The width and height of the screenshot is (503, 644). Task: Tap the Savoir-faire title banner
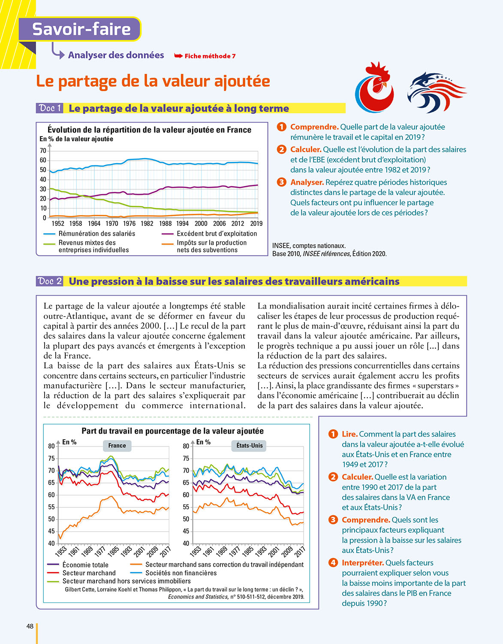(81, 29)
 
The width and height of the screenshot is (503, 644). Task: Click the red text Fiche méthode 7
(210, 56)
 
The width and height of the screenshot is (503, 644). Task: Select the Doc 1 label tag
(50, 108)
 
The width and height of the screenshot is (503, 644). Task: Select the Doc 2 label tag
(50, 281)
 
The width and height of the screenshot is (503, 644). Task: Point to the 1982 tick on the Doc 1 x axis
(147, 223)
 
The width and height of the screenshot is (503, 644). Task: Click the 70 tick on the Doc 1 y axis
(43, 151)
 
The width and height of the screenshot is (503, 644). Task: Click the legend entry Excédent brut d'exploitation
(217, 234)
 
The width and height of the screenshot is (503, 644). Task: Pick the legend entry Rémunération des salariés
(96, 234)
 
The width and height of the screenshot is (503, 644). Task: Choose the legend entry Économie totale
(85, 565)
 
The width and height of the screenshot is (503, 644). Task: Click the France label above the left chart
(117, 446)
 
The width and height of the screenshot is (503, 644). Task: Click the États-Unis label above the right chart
(250, 446)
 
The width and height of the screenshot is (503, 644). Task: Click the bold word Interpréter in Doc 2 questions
(362, 563)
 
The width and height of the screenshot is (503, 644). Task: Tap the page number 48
(30, 626)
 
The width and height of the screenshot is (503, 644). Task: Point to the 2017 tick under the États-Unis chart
(300, 551)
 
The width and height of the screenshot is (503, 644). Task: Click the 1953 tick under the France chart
(61, 551)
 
